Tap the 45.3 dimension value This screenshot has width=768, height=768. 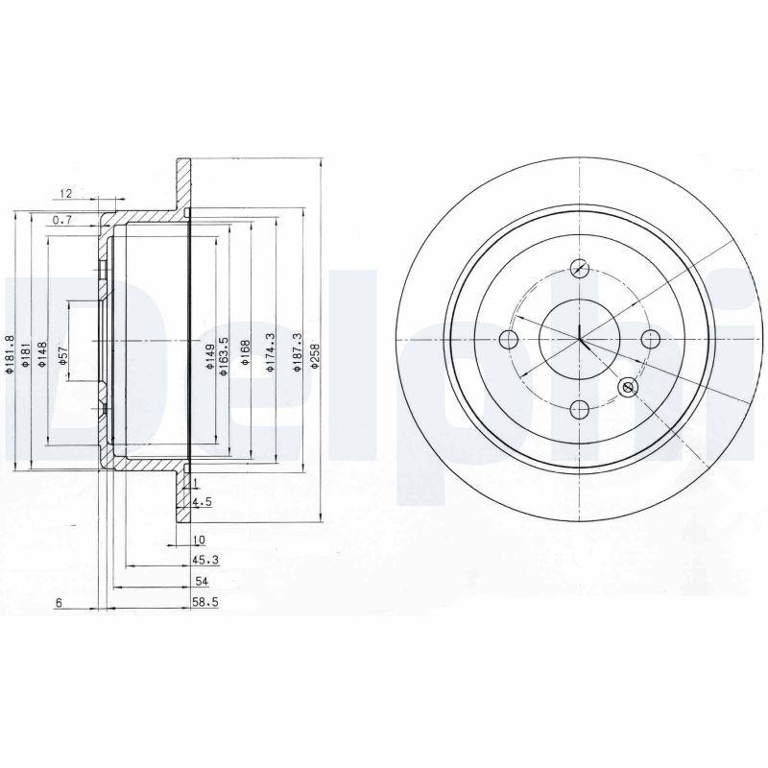coord(201,560)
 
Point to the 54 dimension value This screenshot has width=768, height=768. coord(201,582)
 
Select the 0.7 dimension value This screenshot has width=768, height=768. coord(63,221)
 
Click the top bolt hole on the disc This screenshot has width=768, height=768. coord(579,270)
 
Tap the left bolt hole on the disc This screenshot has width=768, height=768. coord(509,339)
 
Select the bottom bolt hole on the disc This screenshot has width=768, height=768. coord(579,410)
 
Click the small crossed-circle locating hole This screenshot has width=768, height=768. coord(628,387)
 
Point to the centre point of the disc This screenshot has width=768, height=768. coord(580,339)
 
